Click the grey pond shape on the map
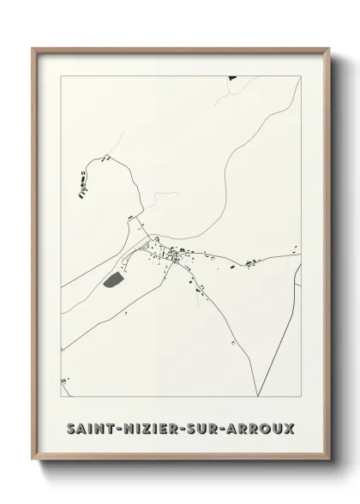pyautogui.click(x=112, y=279)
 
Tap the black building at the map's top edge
pyautogui.click(x=231, y=78)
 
